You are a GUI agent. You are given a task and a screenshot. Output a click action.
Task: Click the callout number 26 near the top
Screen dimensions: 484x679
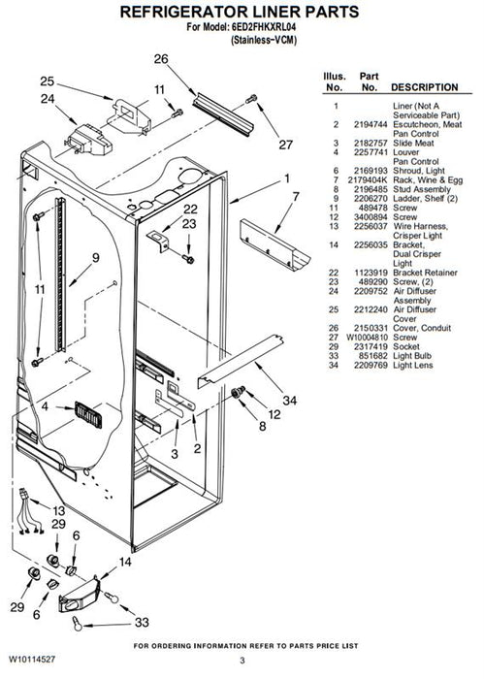click(161, 59)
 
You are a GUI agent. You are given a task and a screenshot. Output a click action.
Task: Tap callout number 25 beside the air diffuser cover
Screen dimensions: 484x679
click(48, 81)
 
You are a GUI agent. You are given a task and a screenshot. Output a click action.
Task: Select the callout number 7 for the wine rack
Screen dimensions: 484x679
click(296, 197)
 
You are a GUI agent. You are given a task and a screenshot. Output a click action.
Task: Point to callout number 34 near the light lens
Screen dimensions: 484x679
click(290, 401)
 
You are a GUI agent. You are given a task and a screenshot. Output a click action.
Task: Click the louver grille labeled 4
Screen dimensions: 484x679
click(88, 414)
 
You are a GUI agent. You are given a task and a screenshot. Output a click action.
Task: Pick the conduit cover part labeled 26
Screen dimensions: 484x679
click(223, 113)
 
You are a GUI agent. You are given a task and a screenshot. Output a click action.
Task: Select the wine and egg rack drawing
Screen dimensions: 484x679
click(274, 244)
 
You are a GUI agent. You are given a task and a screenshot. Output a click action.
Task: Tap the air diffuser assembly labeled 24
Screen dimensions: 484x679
click(88, 140)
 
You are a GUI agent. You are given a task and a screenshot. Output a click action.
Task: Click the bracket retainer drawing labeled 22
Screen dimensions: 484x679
click(159, 240)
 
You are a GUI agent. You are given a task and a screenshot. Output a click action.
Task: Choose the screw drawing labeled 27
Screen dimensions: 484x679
click(251, 99)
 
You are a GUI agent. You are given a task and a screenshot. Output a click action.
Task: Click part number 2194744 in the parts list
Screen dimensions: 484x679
click(371, 125)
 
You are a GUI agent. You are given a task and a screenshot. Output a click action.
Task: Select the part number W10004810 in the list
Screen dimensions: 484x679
click(367, 338)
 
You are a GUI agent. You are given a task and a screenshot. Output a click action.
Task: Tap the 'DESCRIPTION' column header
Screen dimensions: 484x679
click(424, 87)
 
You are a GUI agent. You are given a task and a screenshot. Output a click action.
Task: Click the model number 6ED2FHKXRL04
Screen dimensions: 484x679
click(264, 27)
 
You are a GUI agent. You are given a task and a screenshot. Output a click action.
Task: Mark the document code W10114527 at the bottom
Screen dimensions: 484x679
click(32, 660)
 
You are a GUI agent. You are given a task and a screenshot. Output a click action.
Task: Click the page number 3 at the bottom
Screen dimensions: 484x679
click(242, 661)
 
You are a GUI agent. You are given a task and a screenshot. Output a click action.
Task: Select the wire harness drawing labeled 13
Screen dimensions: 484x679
click(30, 511)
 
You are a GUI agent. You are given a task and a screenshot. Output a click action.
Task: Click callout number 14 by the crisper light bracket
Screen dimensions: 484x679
click(125, 562)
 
